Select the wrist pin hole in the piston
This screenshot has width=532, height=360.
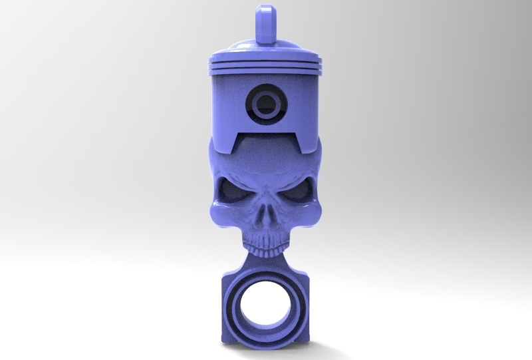tap(265, 104)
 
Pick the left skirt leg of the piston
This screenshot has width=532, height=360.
tap(221, 133)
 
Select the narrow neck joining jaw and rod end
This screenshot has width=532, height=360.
tap(265, 261)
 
